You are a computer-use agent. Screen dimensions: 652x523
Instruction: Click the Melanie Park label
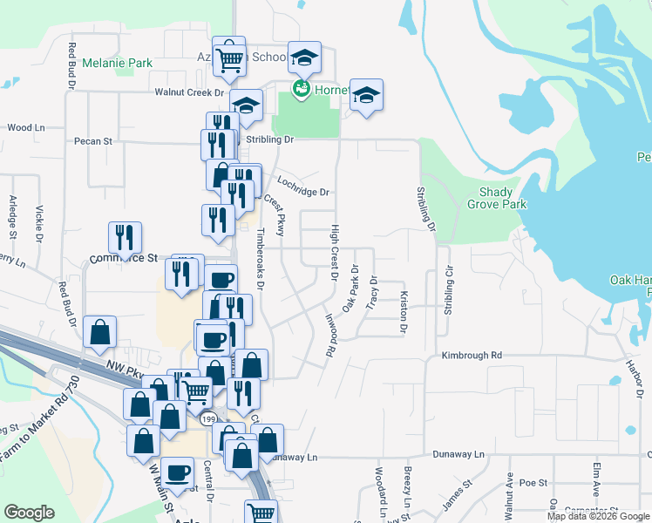pos(117,64)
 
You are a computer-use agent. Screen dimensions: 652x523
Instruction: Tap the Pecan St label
pos(93,140)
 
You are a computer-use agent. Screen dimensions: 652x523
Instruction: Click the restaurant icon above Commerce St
pos(126,236)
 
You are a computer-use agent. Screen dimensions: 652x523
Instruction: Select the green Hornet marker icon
pos(301,89)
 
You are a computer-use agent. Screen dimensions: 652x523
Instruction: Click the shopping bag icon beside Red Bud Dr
pos(101,332)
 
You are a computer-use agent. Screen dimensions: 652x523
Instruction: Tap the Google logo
pos(29,513)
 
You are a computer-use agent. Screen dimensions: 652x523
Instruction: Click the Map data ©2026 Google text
pos(598,516)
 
